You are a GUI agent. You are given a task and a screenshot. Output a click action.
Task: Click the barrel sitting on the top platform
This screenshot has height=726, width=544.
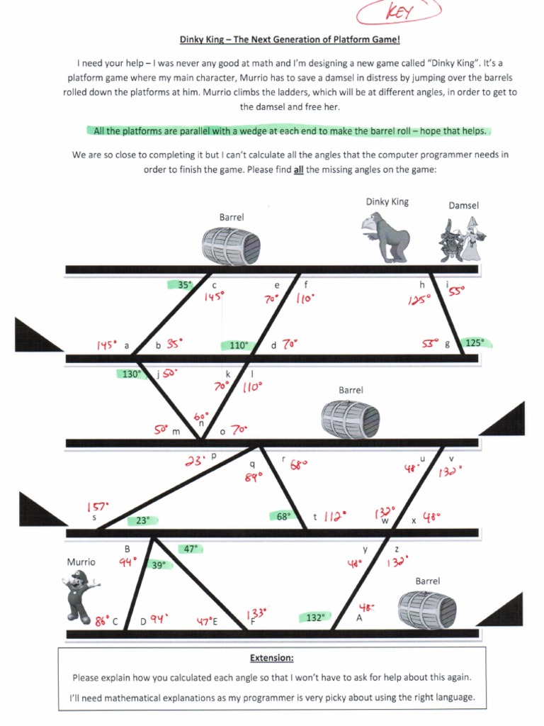coord(231,245)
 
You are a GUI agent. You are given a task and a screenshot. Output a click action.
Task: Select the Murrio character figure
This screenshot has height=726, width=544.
coord(80,595)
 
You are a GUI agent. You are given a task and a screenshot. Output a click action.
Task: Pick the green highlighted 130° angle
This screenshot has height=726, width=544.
coord(131,374)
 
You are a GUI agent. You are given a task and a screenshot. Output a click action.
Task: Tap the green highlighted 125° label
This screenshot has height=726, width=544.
coord(474,342)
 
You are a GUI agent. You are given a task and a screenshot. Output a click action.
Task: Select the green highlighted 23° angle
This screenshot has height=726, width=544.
coord(142,520)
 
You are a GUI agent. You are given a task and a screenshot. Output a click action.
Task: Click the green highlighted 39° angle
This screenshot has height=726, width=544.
coord(158,565)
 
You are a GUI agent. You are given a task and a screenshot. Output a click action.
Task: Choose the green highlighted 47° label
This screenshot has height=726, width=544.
coord(190,548)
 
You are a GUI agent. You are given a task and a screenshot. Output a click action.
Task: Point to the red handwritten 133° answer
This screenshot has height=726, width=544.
coord(255,614)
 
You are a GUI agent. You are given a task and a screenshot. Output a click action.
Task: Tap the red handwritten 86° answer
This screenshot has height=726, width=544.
coord(103,621)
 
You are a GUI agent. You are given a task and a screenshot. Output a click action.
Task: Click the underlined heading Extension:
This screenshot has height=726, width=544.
coord(272,657)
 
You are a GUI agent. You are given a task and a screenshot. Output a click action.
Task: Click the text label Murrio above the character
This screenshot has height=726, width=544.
coord(81,562)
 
